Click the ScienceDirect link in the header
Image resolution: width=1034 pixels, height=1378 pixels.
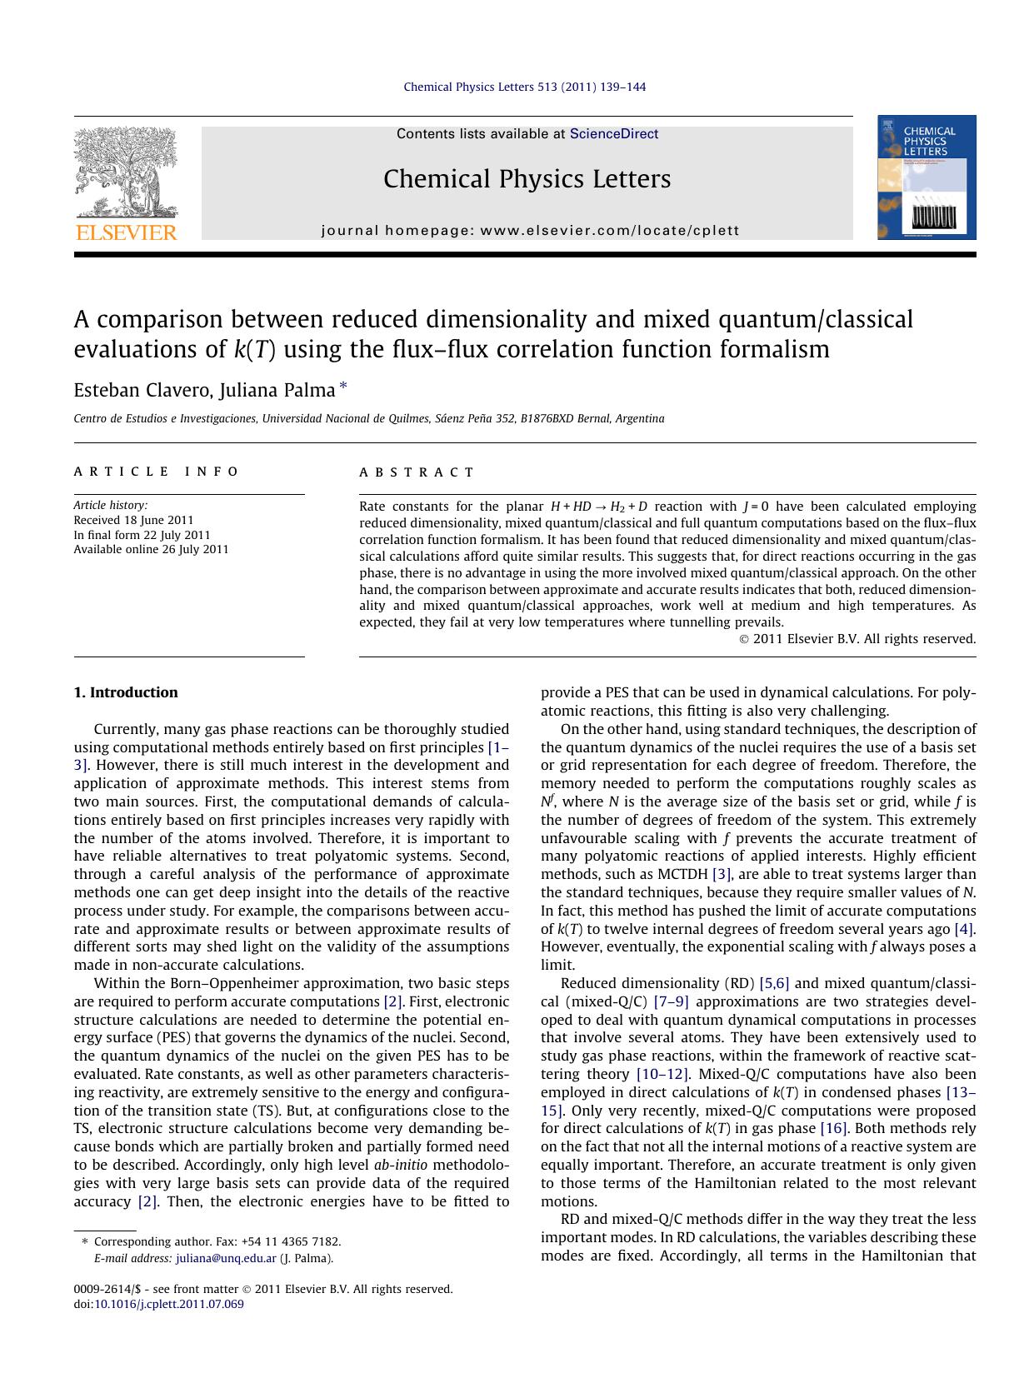point(613,134)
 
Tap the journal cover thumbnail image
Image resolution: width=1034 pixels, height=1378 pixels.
point(926,177)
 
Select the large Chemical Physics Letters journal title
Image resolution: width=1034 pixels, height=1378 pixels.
point(527,179)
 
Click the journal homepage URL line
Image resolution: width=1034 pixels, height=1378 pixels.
point(530,231)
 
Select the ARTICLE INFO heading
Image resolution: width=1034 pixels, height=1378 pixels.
point(157,472)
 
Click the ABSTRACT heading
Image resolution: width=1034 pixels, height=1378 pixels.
point(417,472)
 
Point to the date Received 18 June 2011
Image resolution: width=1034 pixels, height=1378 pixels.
point(133,520)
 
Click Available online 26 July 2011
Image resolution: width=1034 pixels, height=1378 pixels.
point(151,549)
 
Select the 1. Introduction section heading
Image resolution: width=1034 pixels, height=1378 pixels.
point(126,692)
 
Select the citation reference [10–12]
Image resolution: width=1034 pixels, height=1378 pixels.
point(662,1074)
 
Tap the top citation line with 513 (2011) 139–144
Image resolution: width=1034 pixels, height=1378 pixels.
point(525,87)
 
